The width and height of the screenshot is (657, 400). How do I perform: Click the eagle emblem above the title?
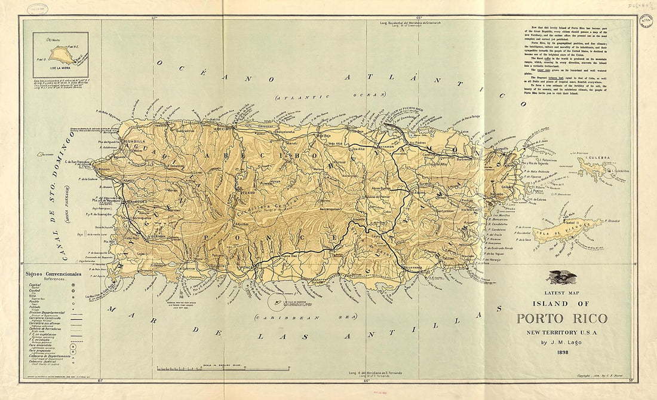click(x=562, y=277)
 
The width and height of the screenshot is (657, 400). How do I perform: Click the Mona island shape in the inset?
click(x=61, y=56)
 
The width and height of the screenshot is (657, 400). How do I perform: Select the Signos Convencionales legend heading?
click(x=53, y=273)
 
